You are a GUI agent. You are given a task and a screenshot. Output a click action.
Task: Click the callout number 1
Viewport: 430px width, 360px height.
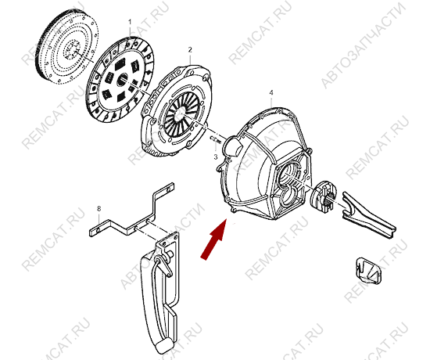point(130,22)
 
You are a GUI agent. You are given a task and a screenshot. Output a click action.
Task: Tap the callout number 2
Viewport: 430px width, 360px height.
point(190,50)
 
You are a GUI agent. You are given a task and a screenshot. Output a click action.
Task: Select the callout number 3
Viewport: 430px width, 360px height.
point(216,157)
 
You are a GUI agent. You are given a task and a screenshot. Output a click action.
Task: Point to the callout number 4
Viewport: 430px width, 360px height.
point(271,93)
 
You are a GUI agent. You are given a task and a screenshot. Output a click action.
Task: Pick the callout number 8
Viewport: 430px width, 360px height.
point(99,209)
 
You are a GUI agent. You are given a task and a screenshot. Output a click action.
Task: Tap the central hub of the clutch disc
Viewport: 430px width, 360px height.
point(123,79)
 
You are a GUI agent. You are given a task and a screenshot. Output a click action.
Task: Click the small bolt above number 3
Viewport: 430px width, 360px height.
point(216,139)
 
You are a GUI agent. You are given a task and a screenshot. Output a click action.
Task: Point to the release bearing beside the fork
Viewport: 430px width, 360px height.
point(324,196)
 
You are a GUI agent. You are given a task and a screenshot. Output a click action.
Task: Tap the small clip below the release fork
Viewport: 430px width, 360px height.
point(368,270)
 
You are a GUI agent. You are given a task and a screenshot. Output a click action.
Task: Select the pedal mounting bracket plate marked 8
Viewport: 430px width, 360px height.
point(131,210)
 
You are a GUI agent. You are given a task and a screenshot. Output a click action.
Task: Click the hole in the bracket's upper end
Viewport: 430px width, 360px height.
point(167,189)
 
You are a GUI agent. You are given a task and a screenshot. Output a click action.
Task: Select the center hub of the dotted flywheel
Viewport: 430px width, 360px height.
point(71,49)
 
